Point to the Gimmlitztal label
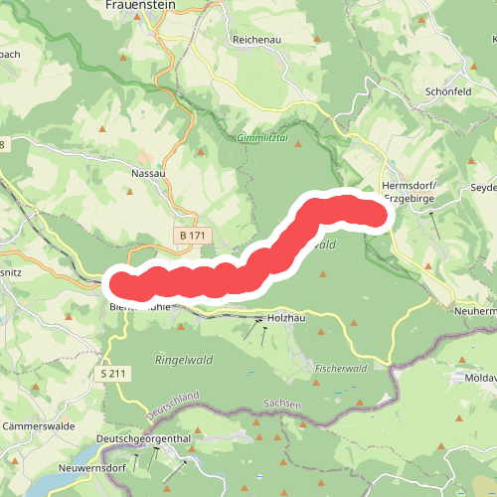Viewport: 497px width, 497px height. (262, 138)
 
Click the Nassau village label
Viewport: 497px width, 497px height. (147, 172)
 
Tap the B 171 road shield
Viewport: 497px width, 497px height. (192, 235)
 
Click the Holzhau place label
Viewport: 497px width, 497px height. (287, 319)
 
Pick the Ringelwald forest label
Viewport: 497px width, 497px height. (183, 358)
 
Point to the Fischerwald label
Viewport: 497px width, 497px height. (341, 368)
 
